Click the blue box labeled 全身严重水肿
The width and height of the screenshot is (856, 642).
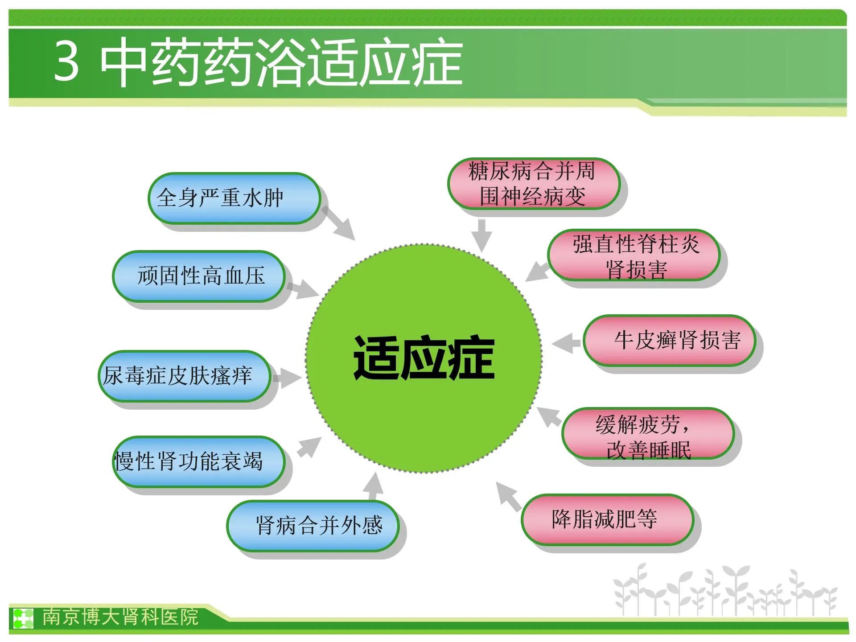point(235,198)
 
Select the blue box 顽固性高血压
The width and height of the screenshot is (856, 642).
point(199,276)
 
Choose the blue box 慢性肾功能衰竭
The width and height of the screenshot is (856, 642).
point(199,461)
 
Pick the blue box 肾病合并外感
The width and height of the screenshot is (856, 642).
point(313,526)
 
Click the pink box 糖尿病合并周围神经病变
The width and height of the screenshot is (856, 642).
point(534,184)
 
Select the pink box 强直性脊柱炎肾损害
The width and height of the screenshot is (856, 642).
point(634,255)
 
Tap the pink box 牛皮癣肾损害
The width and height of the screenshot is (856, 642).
point(670,341)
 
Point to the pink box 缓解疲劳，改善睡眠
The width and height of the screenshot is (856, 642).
point(648,433)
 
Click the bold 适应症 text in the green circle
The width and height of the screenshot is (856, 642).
point(424,358)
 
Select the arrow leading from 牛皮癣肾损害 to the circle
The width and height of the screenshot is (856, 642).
point(566,343)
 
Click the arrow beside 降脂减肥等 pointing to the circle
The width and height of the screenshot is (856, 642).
point(509,496)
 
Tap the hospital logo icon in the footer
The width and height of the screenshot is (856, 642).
point(23,617)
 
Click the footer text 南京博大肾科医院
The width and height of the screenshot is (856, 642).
point(120,617)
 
